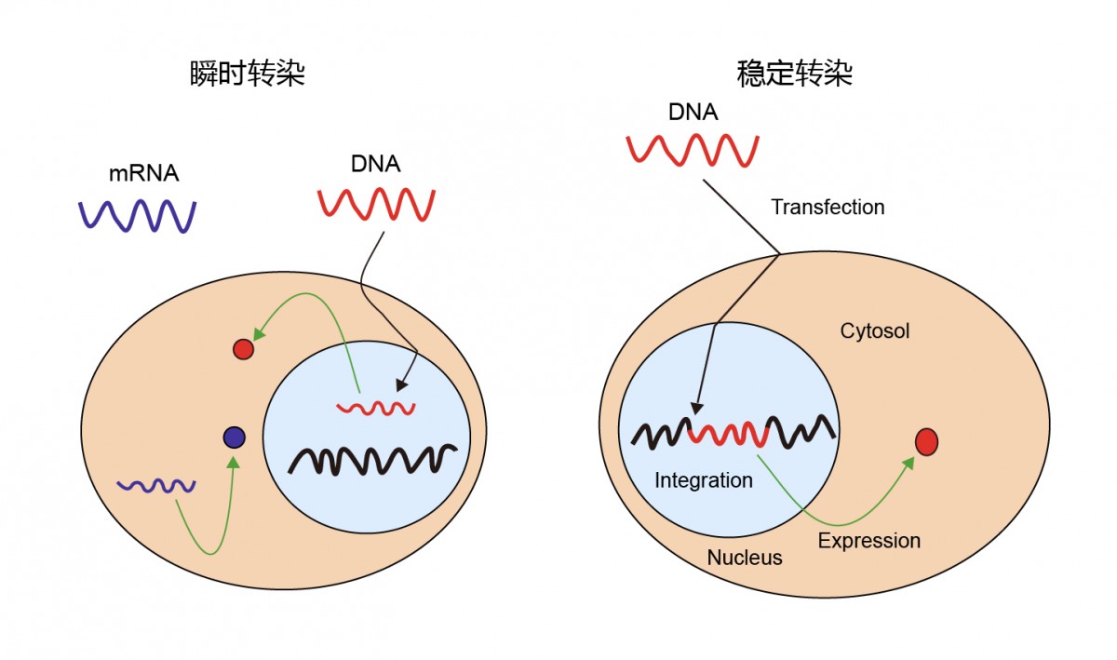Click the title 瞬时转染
(247, 74)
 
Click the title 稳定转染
(794, 74)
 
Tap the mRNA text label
(143, 172)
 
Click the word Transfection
(828, 207)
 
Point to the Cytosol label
(874, 330)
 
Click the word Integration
(703, 480)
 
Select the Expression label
(868, 540)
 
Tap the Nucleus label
(744, 559)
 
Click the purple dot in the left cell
(234, 437)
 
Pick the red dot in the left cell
(243, 349)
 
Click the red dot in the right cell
(926, 442)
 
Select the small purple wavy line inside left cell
(155, 485)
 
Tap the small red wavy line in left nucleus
(376, 408)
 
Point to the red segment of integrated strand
(733, 433)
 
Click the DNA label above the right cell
(693, 113)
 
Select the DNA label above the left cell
(375, 165)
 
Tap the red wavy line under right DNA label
(693, 150)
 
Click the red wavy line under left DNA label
(377, 204)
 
